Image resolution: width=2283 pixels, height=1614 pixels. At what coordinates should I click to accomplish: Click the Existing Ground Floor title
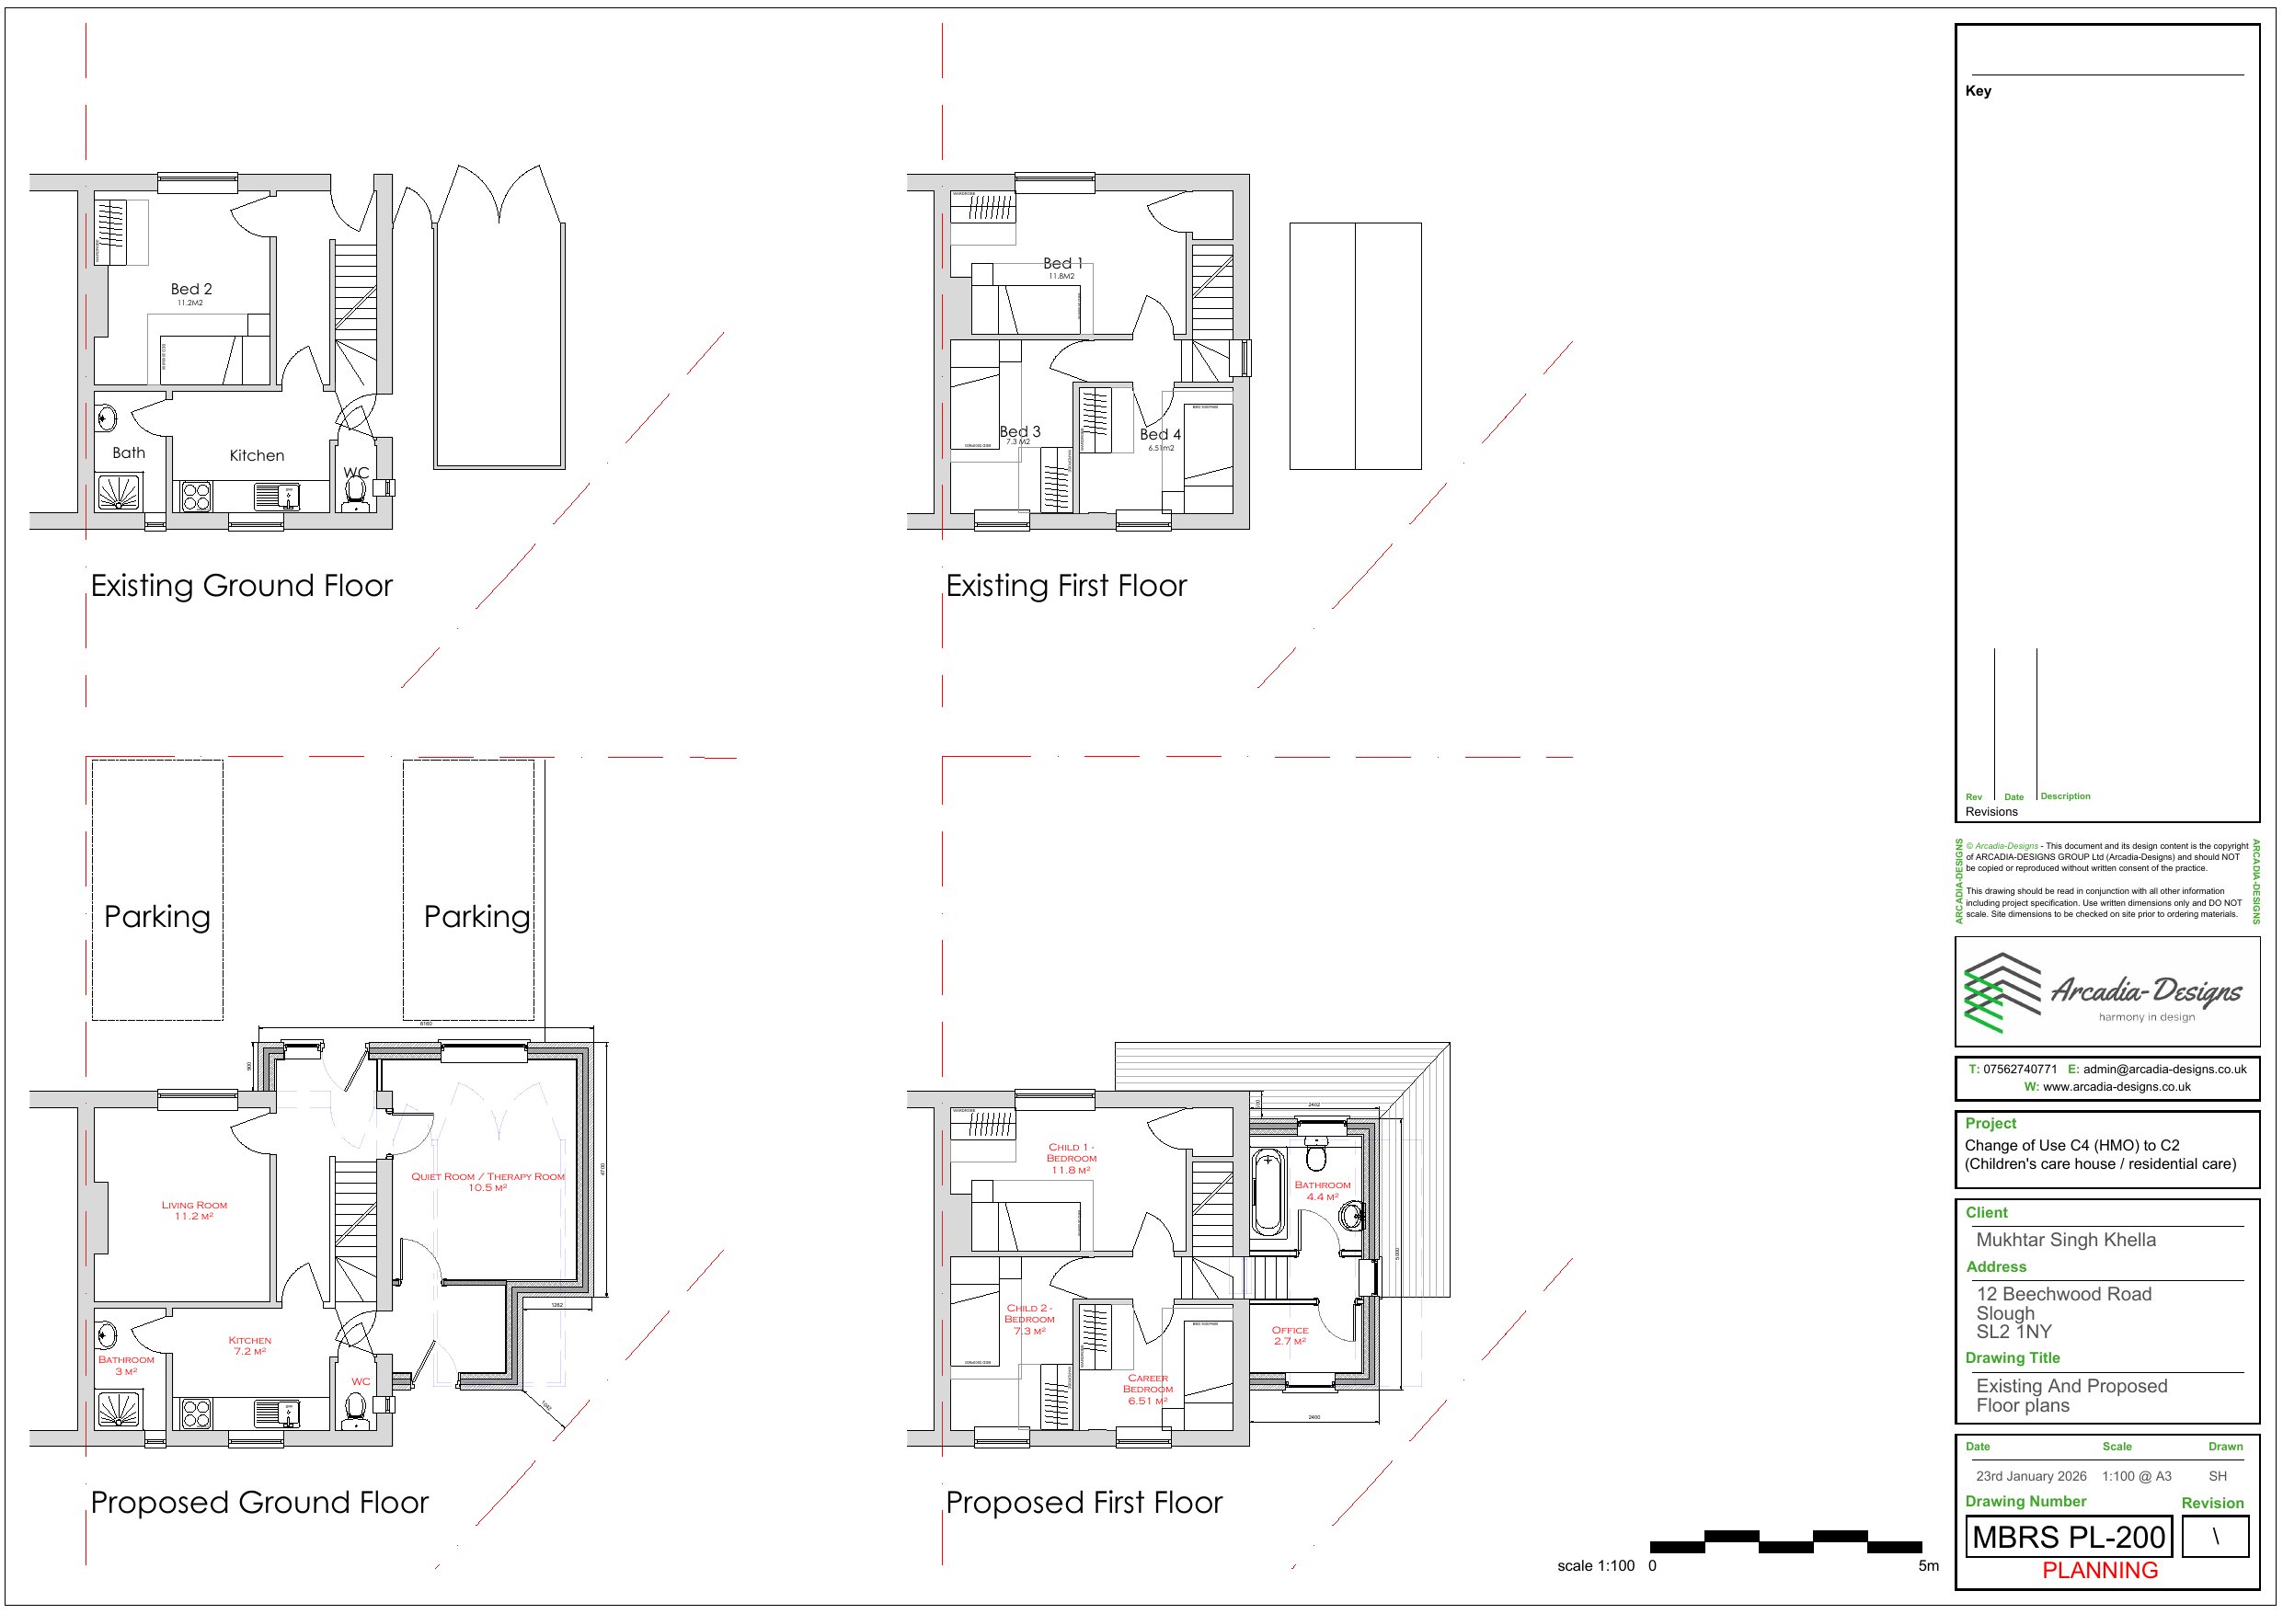pos(242,586)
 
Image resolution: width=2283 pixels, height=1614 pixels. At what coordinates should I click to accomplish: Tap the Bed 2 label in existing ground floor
pos(191,290)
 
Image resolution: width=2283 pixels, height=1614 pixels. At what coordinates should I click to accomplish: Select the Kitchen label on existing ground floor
pos(257,455)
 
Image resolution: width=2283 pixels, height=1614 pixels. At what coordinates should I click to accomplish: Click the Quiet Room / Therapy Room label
pos(488,1182)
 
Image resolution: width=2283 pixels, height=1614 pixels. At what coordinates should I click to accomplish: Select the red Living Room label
pos(194,1209)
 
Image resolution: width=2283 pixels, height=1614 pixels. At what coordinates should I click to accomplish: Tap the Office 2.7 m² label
pos(1290,1334)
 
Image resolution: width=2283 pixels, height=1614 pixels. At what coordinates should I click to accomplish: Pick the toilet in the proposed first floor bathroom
pos(1316,1157)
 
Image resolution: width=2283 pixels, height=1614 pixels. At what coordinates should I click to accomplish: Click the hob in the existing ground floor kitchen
pos(196,497)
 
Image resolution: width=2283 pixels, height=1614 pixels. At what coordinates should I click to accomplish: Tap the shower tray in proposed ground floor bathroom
pos(120,1409)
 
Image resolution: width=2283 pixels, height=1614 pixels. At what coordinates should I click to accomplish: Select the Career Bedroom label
pos(1147,1390)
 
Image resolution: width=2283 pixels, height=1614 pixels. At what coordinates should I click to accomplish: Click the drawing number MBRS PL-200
pos(2069,1538)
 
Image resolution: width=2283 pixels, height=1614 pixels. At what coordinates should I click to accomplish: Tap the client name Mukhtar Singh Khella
pos(2065,1240)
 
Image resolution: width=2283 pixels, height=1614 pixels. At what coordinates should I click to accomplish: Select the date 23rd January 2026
pos(2030,1477)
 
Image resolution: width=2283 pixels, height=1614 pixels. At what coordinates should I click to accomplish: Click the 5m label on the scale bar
pos(1928,1566)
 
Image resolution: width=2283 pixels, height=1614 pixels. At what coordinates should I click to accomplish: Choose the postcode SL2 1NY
pos(2013,1332)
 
